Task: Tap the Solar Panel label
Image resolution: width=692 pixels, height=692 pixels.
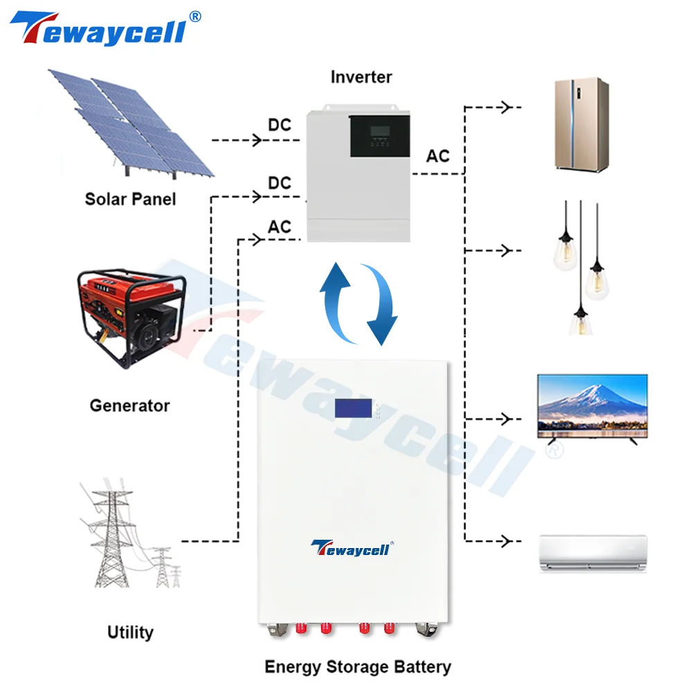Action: pyautogui.click(x=130, y=199)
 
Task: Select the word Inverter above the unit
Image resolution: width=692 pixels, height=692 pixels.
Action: pyautogui.click(x=361, y=76)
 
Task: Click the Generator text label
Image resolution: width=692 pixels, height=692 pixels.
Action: pyautogui.click(x=129, y=405)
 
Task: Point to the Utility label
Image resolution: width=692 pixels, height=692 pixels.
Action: pyautogui.click(x=130, y=632)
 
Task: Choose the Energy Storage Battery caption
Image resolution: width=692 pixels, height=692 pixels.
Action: pyautogui.click(x=358, y=667)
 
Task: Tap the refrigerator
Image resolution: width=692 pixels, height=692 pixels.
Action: pyautogui.click(x=582, y=124)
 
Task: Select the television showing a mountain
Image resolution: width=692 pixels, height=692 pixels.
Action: pyautogui.click(x=593, y=408)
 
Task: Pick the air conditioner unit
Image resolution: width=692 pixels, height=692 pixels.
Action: pyautogui.click(x=593, y=552)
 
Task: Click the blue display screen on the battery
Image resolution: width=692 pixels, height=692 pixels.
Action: pyautogui.click(x=354, y=408)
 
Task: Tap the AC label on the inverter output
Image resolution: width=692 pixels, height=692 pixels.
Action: pyautogui.click(x=437, y=156)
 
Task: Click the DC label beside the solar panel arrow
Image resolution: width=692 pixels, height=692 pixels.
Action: pyautogui.click(x=280, y=125)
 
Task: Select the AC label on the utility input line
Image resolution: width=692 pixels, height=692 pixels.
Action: pyautogui.click(x=280, y=227)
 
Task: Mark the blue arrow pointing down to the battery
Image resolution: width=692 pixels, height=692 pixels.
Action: pyautogui.click(x=383, y=304)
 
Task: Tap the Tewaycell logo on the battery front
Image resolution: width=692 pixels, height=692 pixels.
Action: pyautogui.click(x=352, y=547)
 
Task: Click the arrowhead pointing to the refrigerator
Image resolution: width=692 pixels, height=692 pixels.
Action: pyautogui.click(x=507, y=107)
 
